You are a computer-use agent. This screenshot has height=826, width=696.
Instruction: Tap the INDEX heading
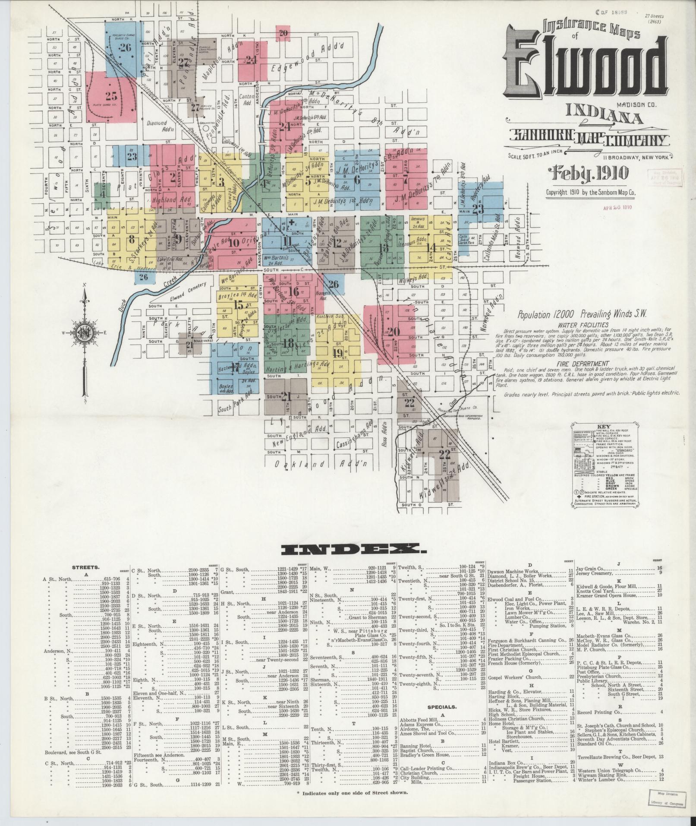[x=351, y=549]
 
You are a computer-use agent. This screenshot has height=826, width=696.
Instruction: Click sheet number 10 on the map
[x=234, y=243]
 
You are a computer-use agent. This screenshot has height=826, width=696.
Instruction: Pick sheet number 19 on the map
[x=337, y=353]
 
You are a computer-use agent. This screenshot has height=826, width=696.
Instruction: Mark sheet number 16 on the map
[x=294, y=291]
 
